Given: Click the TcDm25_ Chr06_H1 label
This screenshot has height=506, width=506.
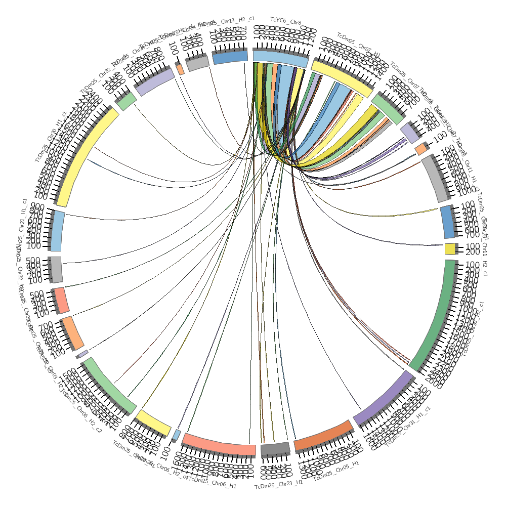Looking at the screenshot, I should pyautogui.click(x=213, y=480).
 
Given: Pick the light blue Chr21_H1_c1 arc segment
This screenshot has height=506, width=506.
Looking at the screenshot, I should pyautogui.click(x=57, y=231).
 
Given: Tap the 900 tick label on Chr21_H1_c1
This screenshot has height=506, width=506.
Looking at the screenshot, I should pyautogui.click(x=35, y=207).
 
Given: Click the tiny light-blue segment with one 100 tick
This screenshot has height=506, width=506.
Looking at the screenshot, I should pyautogui.click(x=177, y=435).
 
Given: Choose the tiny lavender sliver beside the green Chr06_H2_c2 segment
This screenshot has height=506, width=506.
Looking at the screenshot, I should pyautogui.click(x=83, y=353).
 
